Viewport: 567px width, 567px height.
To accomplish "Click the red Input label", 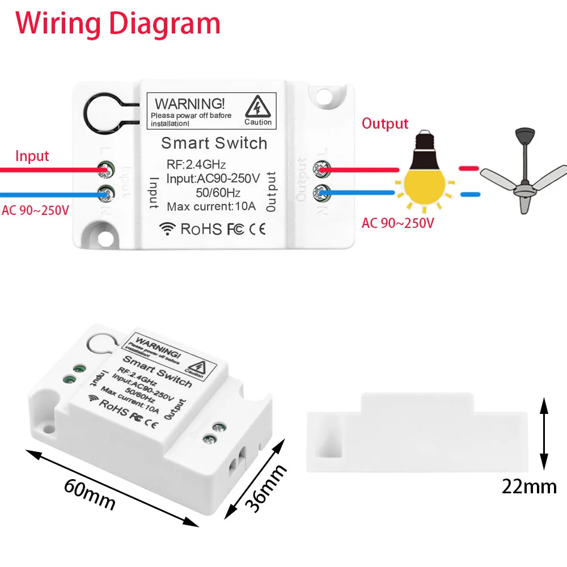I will [32, 156].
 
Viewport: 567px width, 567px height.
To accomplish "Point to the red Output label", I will [385, 124].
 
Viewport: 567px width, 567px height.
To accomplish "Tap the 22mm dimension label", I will [529, 486].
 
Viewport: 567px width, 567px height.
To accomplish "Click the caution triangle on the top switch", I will [258, 107].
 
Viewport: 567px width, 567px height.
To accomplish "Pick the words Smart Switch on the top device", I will [214, 143].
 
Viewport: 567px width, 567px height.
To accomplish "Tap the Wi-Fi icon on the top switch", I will [168, 229].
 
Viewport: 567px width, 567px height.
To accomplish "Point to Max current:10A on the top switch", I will [211, 206].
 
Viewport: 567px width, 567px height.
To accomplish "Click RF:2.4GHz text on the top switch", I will [196, 165].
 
